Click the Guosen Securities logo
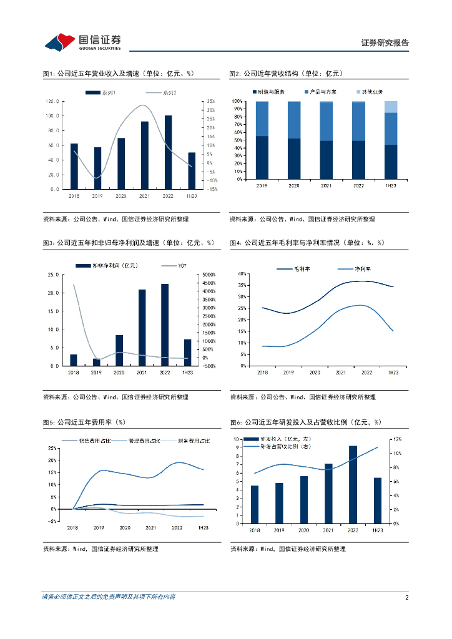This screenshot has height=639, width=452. point(82,41)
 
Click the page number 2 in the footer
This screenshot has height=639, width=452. point(406,597)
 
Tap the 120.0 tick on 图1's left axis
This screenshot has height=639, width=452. point(52,101)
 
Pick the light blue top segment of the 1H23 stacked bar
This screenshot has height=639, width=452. point(390,107)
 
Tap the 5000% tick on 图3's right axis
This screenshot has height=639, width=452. point(208,275)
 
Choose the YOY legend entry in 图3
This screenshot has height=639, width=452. point(182,266)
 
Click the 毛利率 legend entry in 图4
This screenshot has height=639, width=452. point(303,269)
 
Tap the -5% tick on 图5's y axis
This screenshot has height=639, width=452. point(52,520)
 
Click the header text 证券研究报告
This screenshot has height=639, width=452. point(385,43)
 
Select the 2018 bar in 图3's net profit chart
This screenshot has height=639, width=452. point(74,360)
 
